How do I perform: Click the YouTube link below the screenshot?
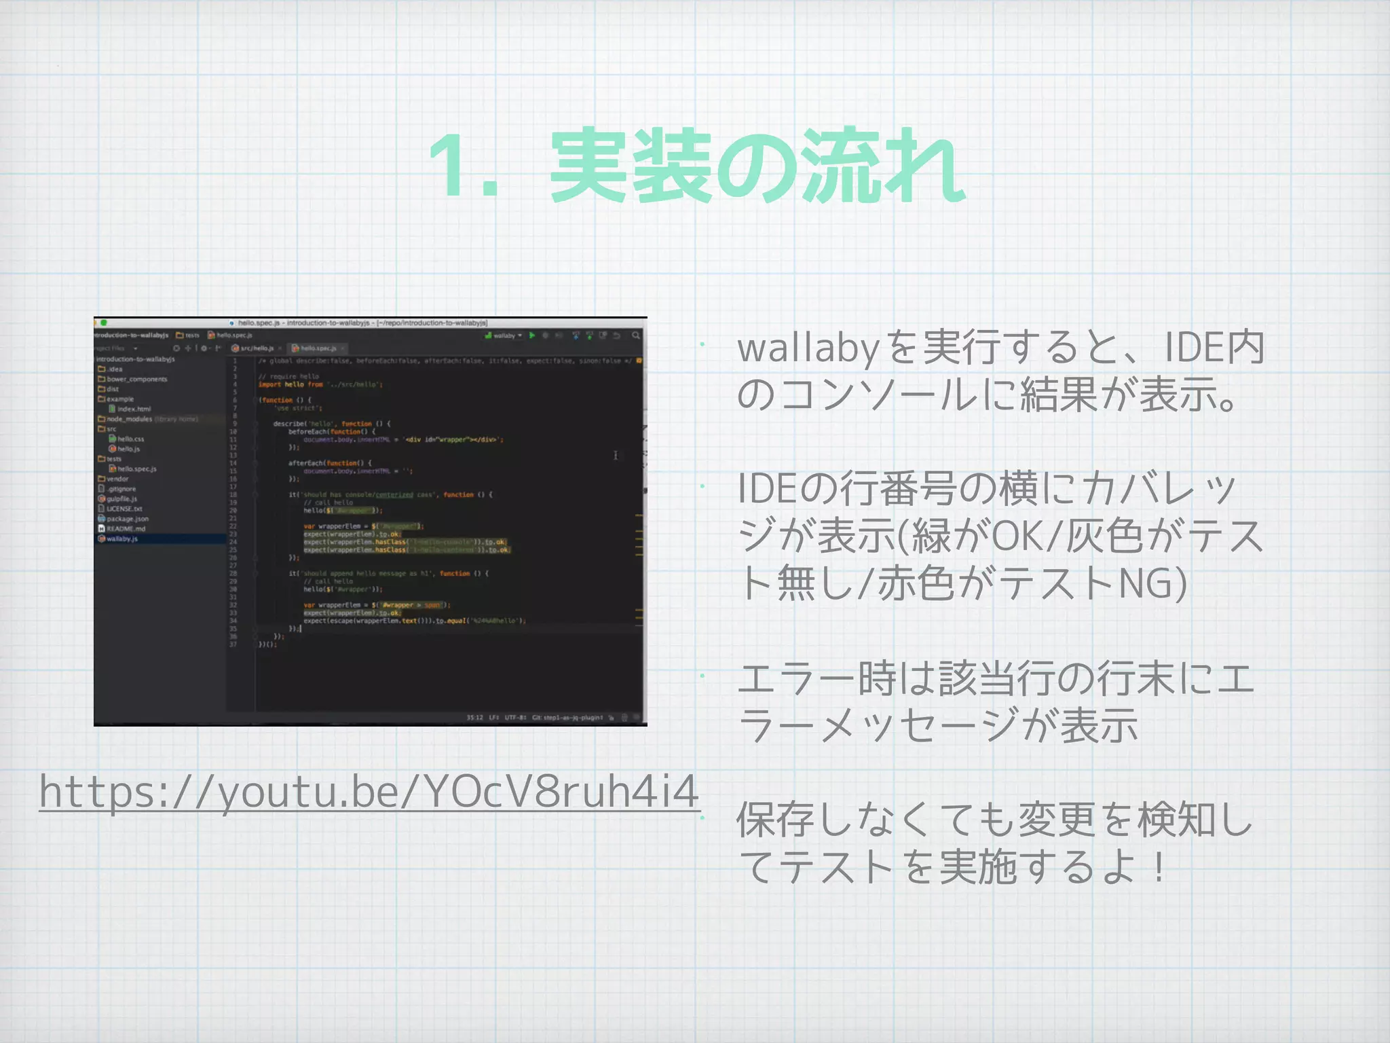click(x=369, y=791)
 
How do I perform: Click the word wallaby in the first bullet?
click(x=808, y=348)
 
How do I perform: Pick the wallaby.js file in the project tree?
click(x=121, y=538)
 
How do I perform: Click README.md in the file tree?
click(x=126, y=528)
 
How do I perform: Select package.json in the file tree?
click(x=127, y=519)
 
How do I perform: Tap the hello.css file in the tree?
click(x=130, y=439)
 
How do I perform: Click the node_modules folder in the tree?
click(x=128, y=419)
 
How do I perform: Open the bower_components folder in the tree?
click(x=136, y=379)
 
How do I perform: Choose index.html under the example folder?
click(x=133, y=409)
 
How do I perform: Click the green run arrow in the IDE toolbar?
click(x=532, y=335)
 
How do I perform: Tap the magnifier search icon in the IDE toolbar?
click(x=636, y=335)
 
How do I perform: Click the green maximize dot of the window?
click(x=104, y=323)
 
